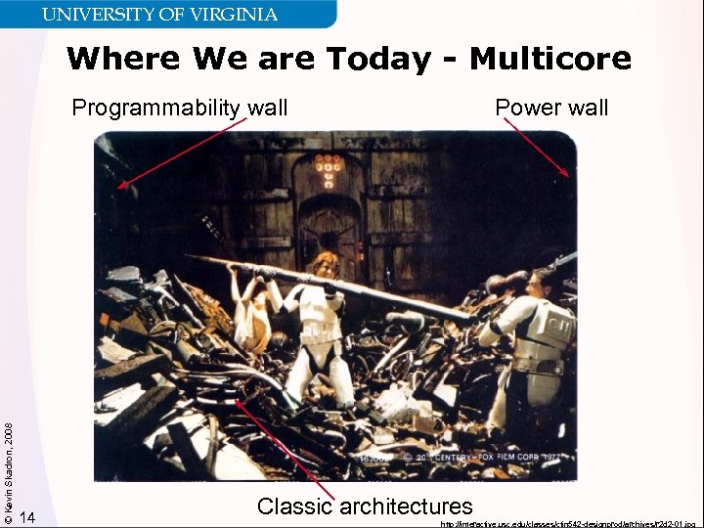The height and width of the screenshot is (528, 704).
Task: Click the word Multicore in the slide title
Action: click(x=550, y=60)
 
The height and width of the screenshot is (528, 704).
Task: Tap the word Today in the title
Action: click(x=377, y=60)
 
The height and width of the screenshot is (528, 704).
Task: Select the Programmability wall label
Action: click(x=180, y=108)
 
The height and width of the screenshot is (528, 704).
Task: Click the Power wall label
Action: click(x=551, y=108)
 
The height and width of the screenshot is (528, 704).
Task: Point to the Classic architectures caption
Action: click(x=365, y=506)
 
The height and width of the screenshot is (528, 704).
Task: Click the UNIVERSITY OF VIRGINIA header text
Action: click(x=159, y=15)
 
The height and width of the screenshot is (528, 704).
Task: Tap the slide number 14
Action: click(x=27, y=516)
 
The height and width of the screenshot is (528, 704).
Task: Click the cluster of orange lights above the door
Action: click(x=330, y=167)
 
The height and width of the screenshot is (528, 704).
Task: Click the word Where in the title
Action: click(x=124, y=60)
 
